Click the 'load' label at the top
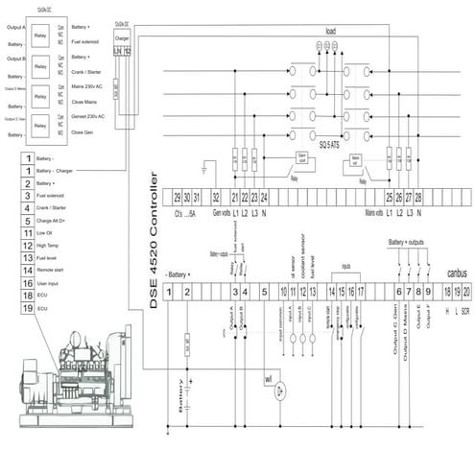point(330,31)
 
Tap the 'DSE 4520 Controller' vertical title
point(155,226)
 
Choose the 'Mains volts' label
point(381,213)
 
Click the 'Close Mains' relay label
point(87,101)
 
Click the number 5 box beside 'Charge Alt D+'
point(30,220)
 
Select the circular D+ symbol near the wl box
point(277,392)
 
